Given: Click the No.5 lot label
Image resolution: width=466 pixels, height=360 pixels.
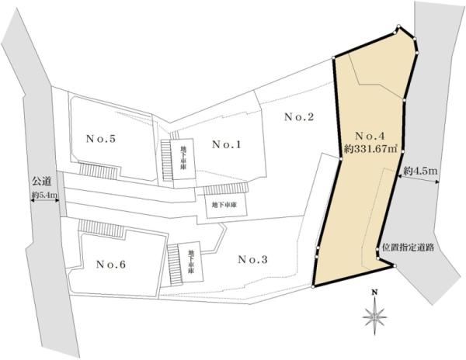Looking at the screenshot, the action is pos(101,139).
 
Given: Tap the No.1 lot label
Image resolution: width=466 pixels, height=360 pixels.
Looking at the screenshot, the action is pos(227,144).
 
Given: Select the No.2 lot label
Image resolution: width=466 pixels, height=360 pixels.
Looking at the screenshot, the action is pos(299,117).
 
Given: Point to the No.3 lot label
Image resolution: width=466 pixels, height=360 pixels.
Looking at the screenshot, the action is pos(252,260).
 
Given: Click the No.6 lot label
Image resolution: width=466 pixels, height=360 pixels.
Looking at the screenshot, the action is pos(111,264).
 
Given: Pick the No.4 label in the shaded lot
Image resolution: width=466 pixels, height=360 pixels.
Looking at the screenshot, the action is pos(370,136).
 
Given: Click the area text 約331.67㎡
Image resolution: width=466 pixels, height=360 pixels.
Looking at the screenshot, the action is pos(370,148).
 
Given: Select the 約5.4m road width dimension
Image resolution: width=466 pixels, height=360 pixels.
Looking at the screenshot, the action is pos(44,196).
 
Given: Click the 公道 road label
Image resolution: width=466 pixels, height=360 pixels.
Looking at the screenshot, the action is pos(42,181).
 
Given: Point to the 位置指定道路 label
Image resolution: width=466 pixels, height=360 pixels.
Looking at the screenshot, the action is pos(408,247).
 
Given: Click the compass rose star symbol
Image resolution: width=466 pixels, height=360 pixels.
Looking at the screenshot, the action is pos(375,317).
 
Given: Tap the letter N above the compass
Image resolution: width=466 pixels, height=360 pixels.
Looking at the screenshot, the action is pos(375,292).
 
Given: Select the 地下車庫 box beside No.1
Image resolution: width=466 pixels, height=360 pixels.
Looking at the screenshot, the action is pos(182,159).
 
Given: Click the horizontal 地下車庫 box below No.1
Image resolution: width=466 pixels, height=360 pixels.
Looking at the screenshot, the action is pos(226,206).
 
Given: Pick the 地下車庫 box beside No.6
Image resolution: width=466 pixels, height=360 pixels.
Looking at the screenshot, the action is pos(191,262).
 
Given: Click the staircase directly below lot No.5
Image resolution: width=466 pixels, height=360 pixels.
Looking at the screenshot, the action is pos(98,171).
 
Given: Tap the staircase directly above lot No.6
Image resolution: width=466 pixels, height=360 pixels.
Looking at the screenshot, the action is pos(101,228).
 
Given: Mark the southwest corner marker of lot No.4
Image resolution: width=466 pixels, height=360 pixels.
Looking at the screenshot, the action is pos(313,287).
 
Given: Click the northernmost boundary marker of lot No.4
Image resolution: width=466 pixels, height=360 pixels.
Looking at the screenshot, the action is pos(398,26).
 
